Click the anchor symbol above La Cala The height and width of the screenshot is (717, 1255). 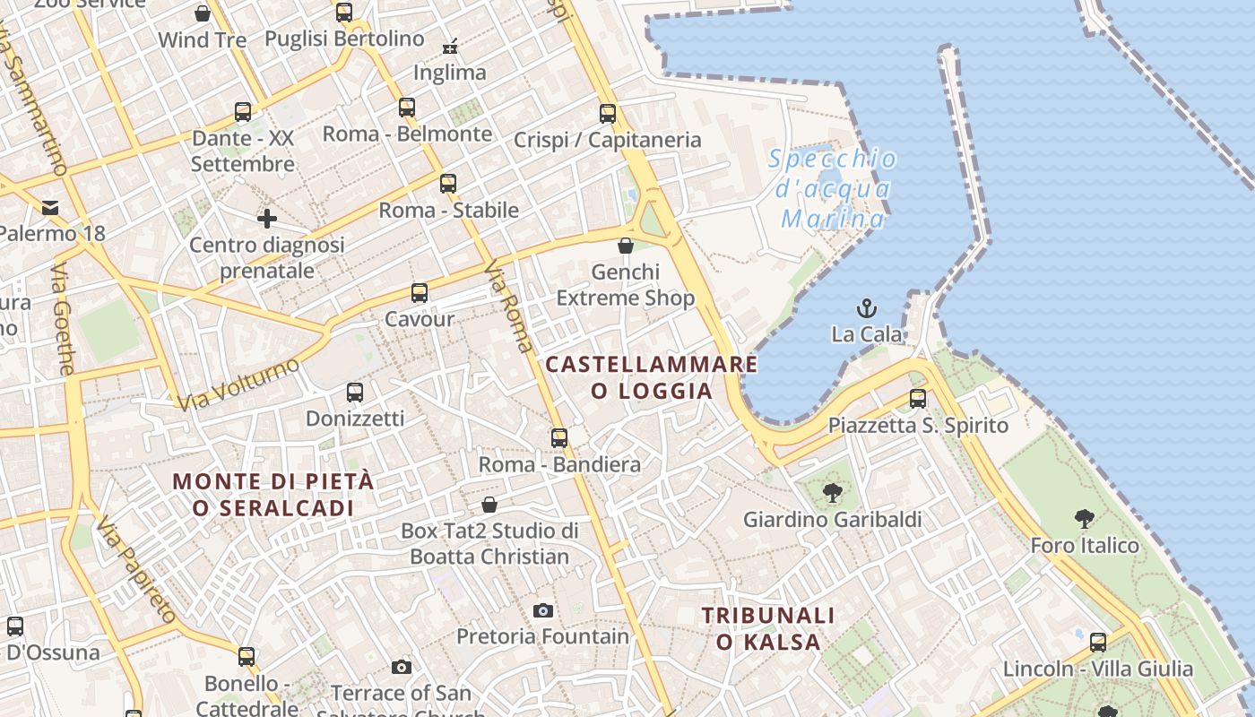[866, 309]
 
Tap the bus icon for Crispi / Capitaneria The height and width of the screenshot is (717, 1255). [608, 114]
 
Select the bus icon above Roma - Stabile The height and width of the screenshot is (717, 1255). [448, 184]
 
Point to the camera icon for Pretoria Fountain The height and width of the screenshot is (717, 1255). [542, 611]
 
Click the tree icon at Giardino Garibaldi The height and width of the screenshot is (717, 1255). [833, 492]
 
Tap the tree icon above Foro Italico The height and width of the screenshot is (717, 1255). [1085, 518]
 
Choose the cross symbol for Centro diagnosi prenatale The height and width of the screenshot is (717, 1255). [267, 218]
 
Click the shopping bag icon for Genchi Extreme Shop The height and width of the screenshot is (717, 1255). [626, 246]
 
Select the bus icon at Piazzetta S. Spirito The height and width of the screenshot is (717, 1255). [918, 399]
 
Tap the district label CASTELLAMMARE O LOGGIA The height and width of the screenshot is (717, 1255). [652, 377]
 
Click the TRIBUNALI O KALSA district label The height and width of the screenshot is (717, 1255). [768, 628]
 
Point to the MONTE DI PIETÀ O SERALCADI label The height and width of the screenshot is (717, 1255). [273, 494]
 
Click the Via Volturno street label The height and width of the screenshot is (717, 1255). [238, 384]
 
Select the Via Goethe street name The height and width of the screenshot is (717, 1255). [64, 319]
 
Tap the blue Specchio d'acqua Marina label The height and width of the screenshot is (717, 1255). [833, 189]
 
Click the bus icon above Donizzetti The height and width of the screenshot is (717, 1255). [355, 393]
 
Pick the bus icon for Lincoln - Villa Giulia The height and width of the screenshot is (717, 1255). [1098, 643]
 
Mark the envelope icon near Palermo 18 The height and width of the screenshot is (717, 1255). [50, 208]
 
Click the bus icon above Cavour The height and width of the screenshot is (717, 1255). [420, 293]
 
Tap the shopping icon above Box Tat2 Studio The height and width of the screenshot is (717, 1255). [489, 505]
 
